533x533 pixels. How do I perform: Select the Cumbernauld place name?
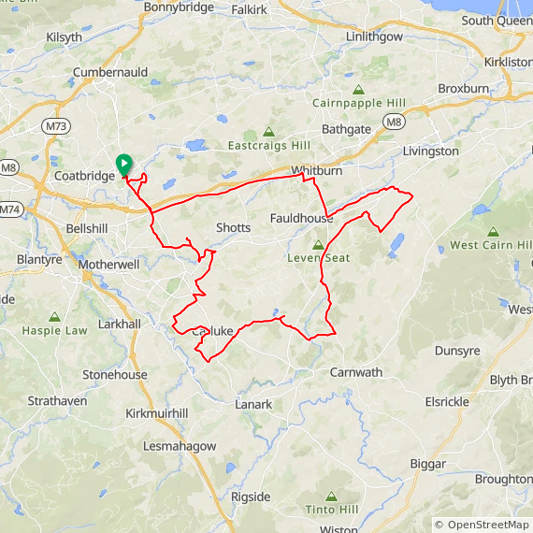pyautogui.click(x=111, y=72)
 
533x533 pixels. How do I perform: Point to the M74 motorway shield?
pyautogui.click(x=10, y=209)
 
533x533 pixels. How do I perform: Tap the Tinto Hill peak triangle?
pyautogui.click(x=331, y=497)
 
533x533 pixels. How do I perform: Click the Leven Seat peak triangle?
pyautogui.click(x=318, y=245)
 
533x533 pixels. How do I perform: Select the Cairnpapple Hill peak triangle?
pyautogui.click(x=358, y=91)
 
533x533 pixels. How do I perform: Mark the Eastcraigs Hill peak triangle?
pyautogui.click(x=269, y=133)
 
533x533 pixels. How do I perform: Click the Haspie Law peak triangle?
pyautogui.click(x=54, y=318)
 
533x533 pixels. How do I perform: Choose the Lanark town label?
pyautogui.click(x=253, y=405)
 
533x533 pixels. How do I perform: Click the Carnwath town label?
pyautogui.click(x=355, y=372)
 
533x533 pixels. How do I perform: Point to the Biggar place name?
pyautogui.click(x=429, y=464)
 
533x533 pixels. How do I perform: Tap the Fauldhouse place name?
pyautogui.click(x=301, y=218)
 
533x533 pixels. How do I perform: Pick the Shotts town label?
pyautogui.click(x=233, y=227)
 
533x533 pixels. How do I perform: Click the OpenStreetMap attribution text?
pyautogui.click(x=483, y=525)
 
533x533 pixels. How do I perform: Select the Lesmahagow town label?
pyautogui.click(x=180, y=446)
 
